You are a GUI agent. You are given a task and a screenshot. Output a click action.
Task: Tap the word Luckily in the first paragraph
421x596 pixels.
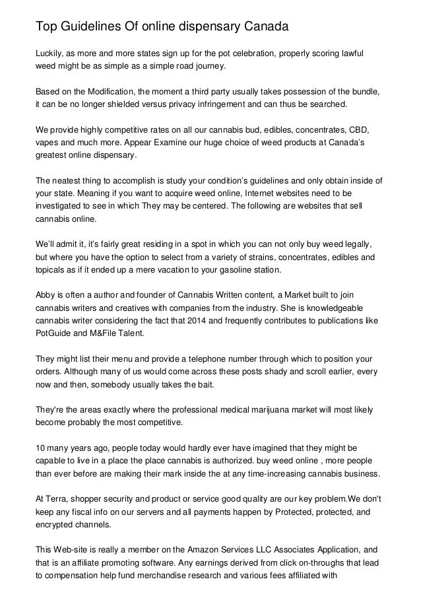pos(49,53)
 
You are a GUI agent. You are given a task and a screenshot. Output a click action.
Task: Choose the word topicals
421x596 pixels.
pos(53,270)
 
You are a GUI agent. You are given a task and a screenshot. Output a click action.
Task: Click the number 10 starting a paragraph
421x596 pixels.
pos(40,449)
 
